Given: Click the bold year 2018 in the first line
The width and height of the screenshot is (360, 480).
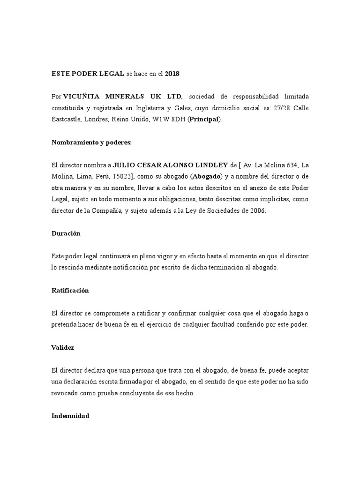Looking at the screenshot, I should coord(172,74).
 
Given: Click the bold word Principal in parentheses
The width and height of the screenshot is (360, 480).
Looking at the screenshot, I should coord(204,119).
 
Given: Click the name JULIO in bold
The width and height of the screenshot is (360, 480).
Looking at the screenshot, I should coord(125,165).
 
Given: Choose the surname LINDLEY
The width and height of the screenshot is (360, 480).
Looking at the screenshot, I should coord(208,165).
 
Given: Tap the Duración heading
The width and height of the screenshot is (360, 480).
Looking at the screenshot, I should coord(66,233).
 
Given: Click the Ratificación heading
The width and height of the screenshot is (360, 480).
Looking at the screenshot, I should coord(70,291).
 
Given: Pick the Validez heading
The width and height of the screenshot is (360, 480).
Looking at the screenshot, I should coord(62,348).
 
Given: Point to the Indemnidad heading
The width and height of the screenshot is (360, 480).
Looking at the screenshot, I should coord(70,416).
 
